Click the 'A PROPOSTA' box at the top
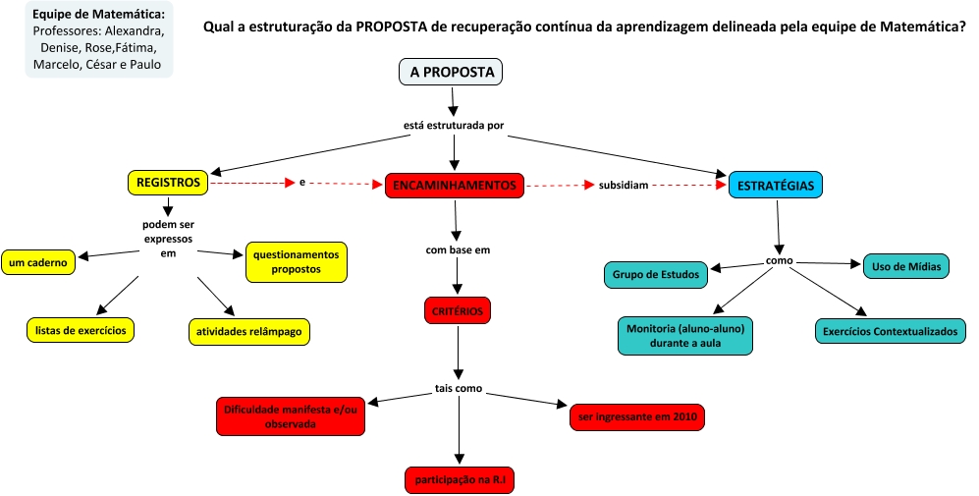452,72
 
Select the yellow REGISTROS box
168,183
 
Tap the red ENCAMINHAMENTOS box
455,185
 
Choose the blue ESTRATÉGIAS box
776,185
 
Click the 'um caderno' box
39,262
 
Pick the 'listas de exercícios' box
81,330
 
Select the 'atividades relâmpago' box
248,332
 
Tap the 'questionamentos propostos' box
296,261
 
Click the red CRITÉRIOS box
458,310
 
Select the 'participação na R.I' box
460,479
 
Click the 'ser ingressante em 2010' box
636,417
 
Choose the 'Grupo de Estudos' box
655,274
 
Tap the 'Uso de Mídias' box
905,266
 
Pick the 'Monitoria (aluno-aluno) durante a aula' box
685,335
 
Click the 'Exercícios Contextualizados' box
889,331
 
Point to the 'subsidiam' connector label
624,185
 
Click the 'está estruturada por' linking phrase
454,126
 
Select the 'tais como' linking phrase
459,389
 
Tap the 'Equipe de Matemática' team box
98,39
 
